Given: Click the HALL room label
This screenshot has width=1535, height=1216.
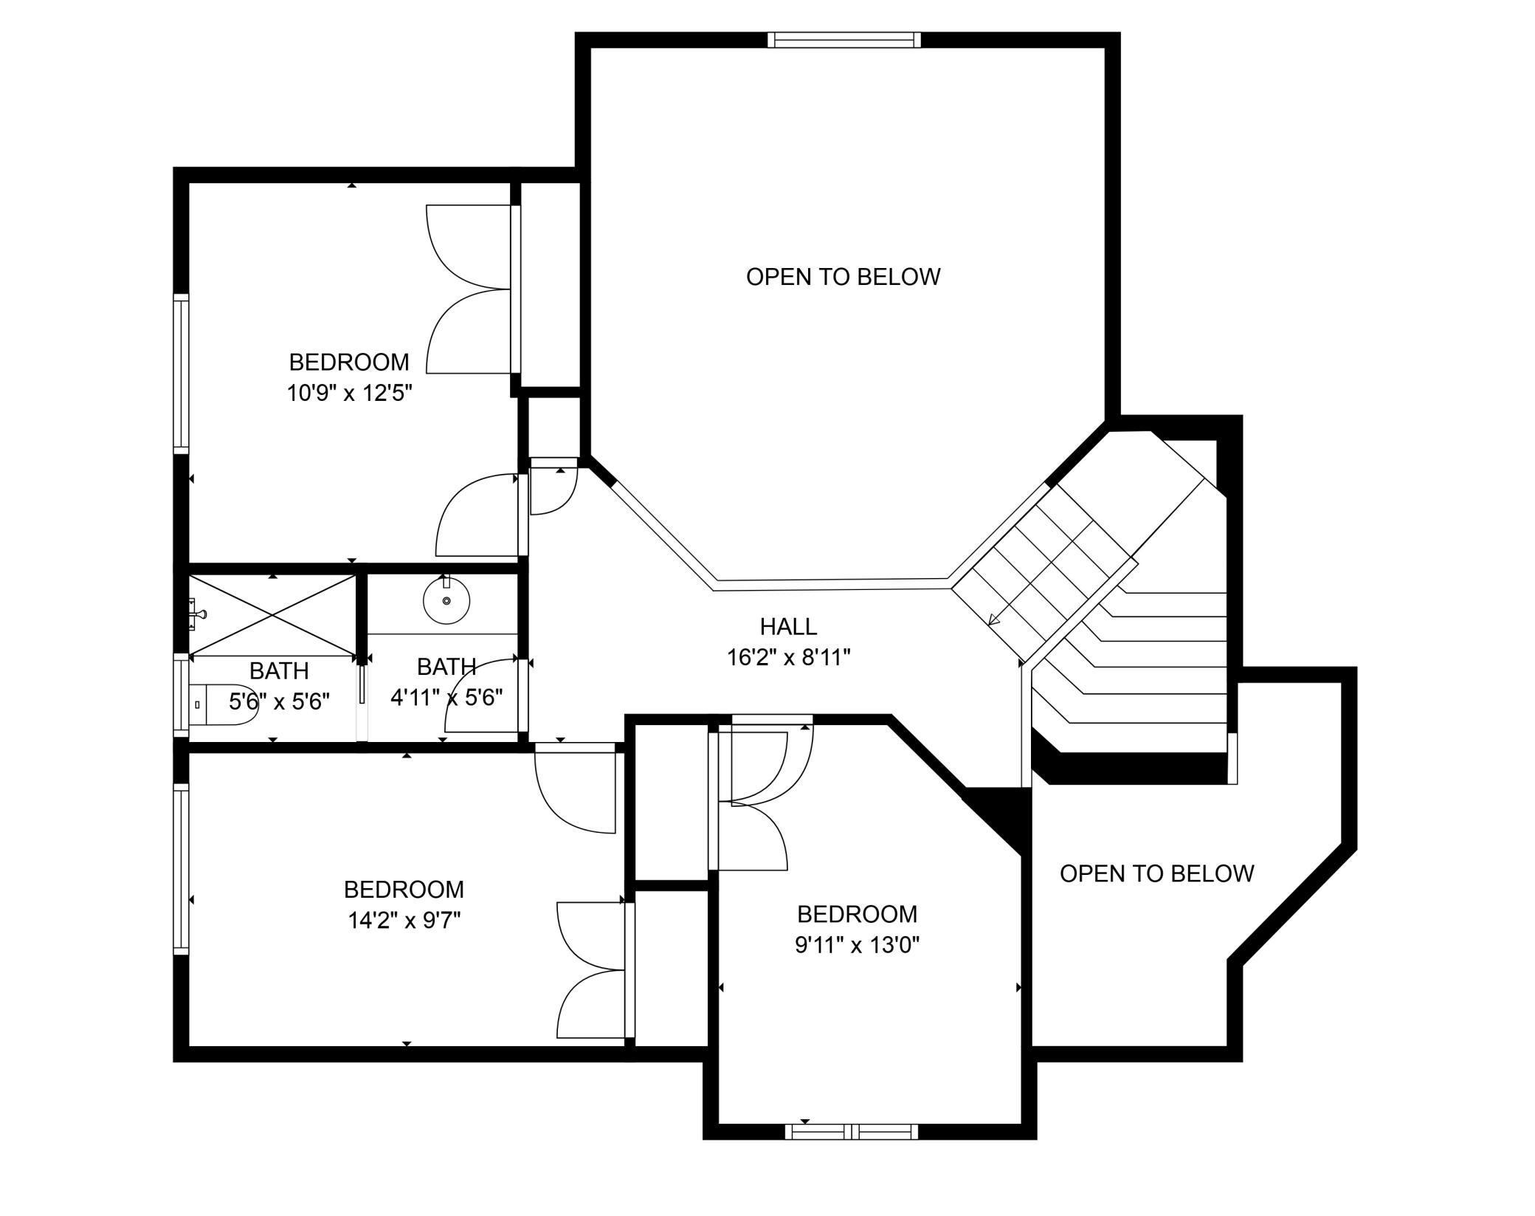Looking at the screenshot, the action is (x=788, y=626).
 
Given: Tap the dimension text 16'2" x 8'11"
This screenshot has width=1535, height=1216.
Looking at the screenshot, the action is (x=789, y=657).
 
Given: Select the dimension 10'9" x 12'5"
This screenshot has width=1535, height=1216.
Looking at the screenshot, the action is (x=349, y=393).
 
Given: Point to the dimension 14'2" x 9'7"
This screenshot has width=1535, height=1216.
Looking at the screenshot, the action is (x=404, y=920).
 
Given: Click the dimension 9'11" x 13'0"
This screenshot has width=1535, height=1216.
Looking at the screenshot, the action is (x=857, y=945).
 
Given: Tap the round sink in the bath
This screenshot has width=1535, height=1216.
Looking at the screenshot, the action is (x=446, y=600).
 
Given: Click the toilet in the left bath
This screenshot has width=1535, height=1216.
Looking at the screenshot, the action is (x=221, y=705).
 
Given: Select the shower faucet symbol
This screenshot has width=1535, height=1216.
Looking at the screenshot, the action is (x=197, y=614).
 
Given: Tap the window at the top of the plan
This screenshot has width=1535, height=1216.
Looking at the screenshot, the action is (x=844, y=40).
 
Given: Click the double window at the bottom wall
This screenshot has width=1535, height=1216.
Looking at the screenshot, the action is (x=852, y=1131).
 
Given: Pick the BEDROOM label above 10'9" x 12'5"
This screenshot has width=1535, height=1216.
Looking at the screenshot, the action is (x=349, y=362).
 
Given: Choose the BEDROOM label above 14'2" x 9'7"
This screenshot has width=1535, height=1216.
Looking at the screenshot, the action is (x=404, y=889).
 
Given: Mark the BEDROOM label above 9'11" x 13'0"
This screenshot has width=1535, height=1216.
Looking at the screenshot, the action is (x=857, y=914).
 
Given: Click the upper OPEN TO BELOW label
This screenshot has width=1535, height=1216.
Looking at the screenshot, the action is (x=844, y=277).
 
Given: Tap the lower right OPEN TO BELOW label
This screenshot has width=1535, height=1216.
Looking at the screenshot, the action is (x=1157, y=873).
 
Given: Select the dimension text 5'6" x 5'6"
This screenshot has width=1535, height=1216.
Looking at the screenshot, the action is (x=279, y=701).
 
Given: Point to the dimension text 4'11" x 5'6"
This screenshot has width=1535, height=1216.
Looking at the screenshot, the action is (x=446, y=697).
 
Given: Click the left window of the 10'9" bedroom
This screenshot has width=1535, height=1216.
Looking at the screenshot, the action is (x=181, y=374).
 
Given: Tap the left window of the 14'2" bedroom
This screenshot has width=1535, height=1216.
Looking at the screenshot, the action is (x=181, y=869).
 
